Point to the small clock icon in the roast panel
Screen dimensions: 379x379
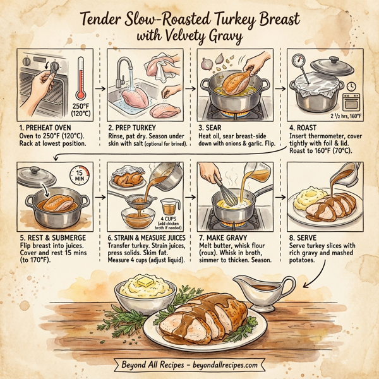(351, 87)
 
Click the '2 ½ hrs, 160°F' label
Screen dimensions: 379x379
(346, 117)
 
